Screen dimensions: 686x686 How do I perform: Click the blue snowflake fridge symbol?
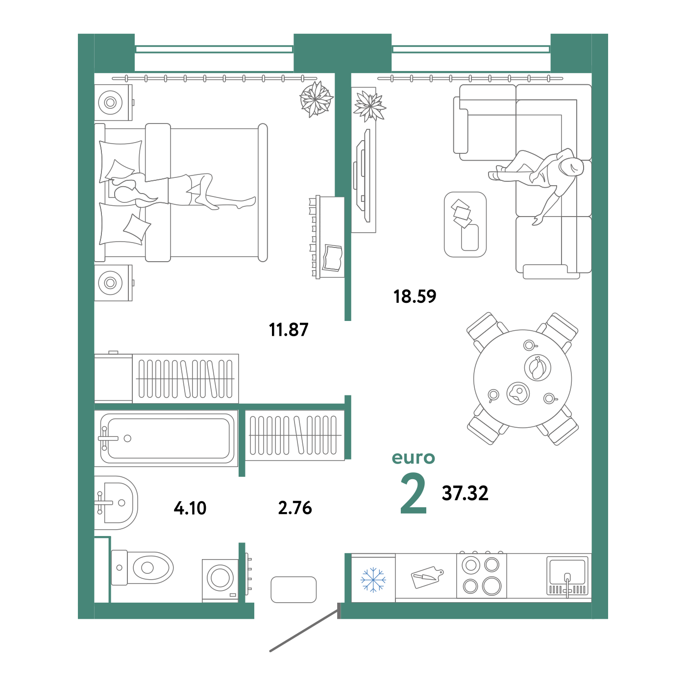point(373,580)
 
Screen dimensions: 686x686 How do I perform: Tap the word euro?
point(413,458)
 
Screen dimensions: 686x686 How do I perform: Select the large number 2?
point(413,494)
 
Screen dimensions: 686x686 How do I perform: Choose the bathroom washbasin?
point(116,502)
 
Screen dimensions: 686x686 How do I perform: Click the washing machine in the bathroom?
point(220,579)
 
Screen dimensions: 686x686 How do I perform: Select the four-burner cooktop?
point(481,575)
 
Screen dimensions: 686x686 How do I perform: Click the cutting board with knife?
point(426,577)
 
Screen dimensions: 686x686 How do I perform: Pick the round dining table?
point(522,378)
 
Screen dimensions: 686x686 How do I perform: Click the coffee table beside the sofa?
point(465,224)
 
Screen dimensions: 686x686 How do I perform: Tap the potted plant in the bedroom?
point(316,99)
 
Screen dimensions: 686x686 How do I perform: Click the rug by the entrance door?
point(294,589)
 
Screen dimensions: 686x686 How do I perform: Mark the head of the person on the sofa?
point(571,167)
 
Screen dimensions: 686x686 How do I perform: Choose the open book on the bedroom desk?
point(333,257)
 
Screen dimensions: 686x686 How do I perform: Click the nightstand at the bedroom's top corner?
point(113,102)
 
